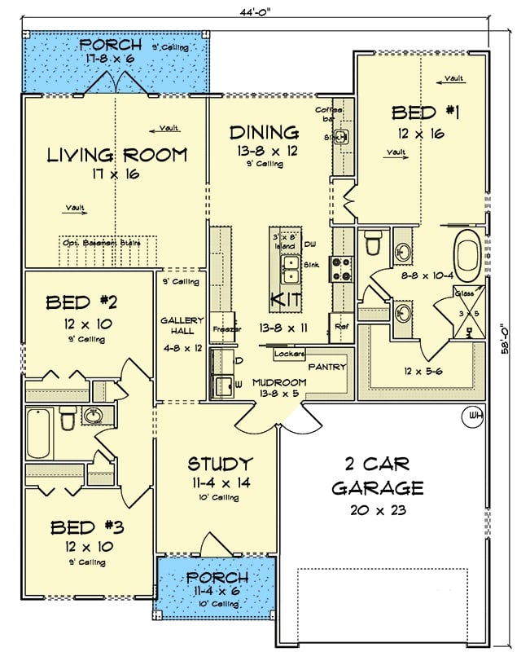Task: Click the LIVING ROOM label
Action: click(116, 155)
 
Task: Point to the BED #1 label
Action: click(425, 113)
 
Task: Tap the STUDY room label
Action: click(220, 465)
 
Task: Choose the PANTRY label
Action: click(327, 367)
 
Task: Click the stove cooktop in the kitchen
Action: click(341, 269)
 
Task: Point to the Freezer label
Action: click(222, 329)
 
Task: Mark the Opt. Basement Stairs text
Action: click(101, 243)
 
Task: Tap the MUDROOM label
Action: click(278, 382)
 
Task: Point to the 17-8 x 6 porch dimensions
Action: click(116, 59)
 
